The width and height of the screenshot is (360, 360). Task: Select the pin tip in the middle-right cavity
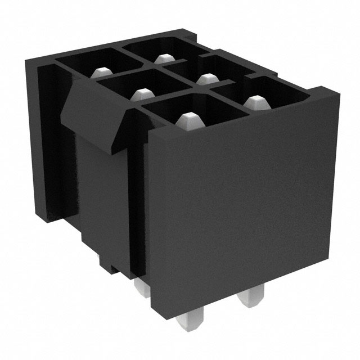[x=207, y=78]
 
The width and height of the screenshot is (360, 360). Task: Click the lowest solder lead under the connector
[x=185, y=329]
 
